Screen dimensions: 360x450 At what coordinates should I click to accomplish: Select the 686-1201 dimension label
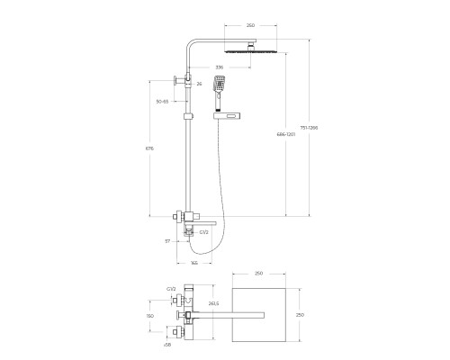286,133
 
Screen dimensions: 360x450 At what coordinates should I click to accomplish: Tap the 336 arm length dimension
219,67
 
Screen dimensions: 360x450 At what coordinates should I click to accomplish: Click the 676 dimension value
150,149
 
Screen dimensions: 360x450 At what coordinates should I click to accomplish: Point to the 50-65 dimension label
162,102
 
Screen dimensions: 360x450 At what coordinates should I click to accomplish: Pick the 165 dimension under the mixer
195,263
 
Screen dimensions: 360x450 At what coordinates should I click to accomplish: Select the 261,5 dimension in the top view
213,304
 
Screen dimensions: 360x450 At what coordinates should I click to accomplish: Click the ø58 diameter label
169,345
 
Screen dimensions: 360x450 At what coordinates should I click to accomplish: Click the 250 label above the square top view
258,272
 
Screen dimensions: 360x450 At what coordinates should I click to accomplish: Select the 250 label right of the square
312,314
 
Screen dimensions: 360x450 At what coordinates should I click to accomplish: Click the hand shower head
220,88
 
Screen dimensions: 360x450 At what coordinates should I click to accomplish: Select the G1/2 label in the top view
170,288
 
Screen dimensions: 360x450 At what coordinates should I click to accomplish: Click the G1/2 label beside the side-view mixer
204,232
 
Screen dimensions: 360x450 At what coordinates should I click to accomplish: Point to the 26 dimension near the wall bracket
198,84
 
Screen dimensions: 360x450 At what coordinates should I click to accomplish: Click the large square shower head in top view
258,315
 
